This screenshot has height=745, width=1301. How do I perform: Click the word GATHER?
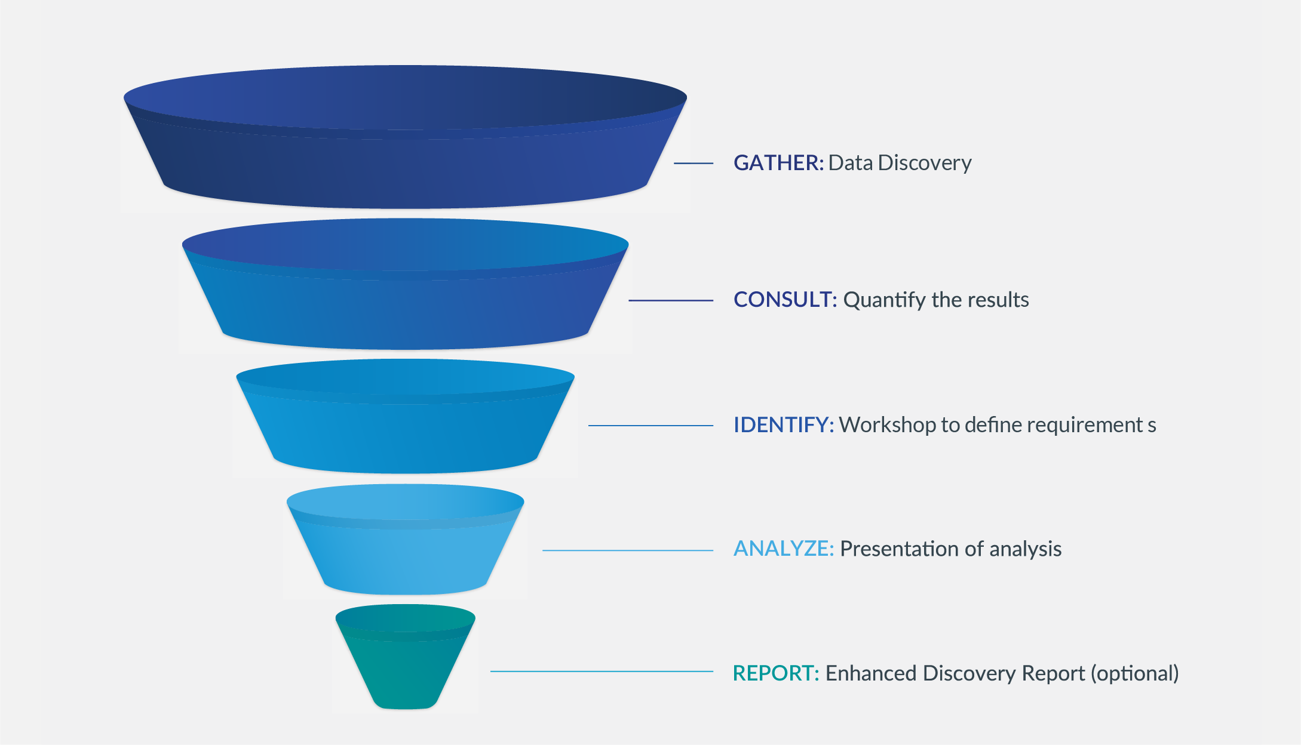coord(778,163)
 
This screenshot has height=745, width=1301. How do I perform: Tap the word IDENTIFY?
coord(783,425)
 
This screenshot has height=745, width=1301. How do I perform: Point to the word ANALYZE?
coord(783,549)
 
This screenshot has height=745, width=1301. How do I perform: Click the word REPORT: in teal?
coord(775,673)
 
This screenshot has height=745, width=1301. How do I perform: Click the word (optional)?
coord(1134,673)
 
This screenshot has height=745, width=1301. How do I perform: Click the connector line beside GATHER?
coord(694,163)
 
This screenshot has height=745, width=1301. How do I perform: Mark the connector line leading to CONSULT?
coord(671,300)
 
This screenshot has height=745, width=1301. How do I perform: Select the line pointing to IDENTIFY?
coord(650,426)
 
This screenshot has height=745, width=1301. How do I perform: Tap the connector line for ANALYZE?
coord(627,550)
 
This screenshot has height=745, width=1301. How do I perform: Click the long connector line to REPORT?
coord(602,672)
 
